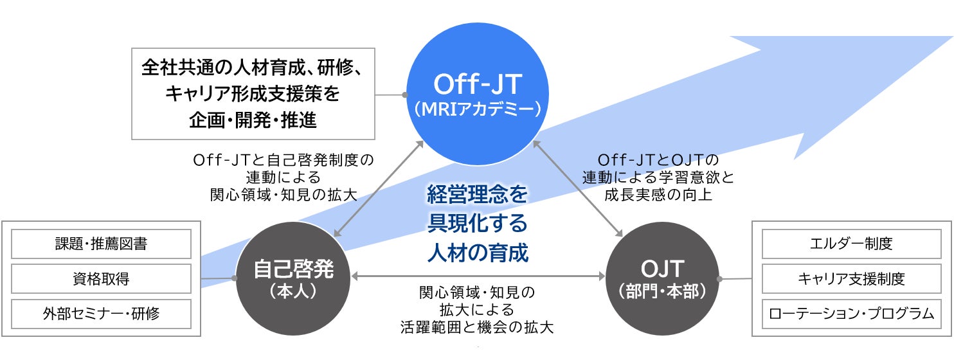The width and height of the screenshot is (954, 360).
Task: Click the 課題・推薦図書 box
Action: (x=102, y=244)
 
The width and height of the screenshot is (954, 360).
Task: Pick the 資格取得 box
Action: (x=102, y=278)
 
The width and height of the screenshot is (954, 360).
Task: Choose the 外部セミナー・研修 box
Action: (x=102, y=313)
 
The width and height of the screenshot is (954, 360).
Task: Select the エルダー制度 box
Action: (x=851, y=244)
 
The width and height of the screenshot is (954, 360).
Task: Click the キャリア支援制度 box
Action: (x=851, y=278)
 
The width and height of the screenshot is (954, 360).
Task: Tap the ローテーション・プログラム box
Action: (x=851, y=313)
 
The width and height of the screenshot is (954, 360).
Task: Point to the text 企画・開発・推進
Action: (x=253, y=120)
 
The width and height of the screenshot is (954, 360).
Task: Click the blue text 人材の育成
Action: (x=478, y=251)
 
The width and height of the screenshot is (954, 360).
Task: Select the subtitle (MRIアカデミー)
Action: (x=478, y=110)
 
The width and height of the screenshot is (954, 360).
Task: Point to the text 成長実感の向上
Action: (x=658, y=195)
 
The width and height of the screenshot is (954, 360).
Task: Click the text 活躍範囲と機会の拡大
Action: (x=476, y=327)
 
